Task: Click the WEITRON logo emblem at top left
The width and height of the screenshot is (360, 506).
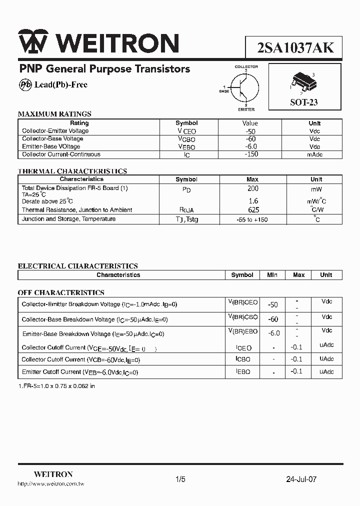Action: tap(33, 42)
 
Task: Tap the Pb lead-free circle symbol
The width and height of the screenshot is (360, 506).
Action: tap(25, 85)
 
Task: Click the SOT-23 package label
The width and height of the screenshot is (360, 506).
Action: tap(304, 102)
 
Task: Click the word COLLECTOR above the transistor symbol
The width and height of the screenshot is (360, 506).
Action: tap(246, 66)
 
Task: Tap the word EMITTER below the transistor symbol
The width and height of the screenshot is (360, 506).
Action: tap(246, 109)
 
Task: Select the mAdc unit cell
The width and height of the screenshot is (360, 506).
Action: tap(314, 155)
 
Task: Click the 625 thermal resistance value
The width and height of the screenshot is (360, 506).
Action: tap(253, 210)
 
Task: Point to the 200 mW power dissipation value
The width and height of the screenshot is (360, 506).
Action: tap(253, 189)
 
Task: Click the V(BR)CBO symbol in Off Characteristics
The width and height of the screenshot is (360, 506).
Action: tap(243, 317)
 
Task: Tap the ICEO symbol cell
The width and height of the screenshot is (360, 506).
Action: tap(243, 347)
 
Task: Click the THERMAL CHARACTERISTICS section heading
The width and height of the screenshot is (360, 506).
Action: tap(72, 171)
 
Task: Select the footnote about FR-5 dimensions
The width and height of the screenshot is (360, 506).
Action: tap(56, 386)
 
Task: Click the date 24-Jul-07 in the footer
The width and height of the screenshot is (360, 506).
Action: tap(301, 479)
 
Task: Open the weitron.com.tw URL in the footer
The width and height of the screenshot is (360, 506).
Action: tap(50, 484)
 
